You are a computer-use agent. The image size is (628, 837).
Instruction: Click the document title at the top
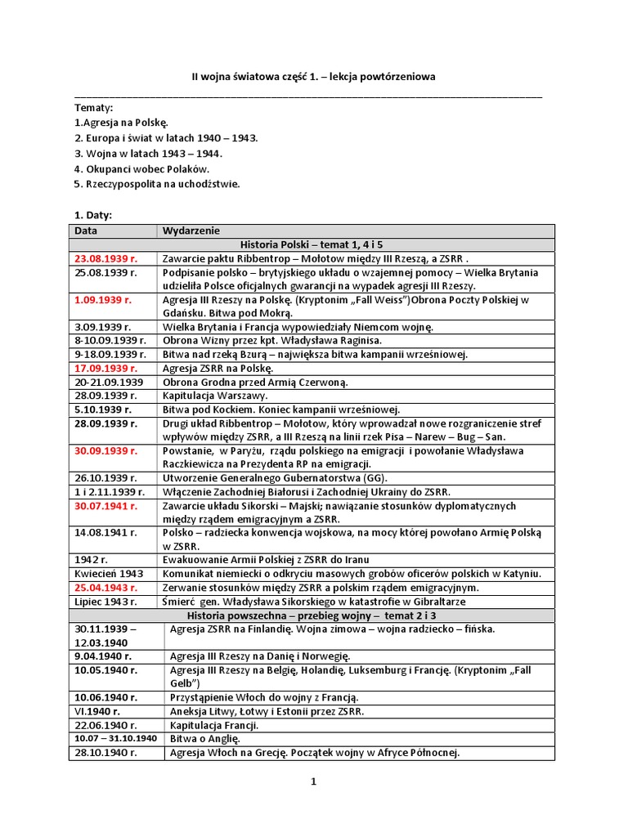click(313, 77)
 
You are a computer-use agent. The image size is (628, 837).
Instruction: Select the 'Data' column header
click(86, 231)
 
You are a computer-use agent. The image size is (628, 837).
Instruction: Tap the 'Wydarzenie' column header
click(191, 231)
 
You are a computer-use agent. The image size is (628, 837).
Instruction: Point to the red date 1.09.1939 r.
click(102, 300)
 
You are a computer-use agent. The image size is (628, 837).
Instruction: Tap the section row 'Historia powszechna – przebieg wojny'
click(312, 615)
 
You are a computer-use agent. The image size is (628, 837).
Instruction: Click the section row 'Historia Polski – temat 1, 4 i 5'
click(312, 244)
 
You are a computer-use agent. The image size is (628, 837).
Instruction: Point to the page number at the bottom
click(312, 781)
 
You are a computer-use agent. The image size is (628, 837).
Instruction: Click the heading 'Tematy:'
click(94, 108)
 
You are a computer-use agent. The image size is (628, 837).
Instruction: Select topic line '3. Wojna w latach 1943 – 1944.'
click(148, 153)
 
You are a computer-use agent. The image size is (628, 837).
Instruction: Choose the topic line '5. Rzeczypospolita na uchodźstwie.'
click(157, 184)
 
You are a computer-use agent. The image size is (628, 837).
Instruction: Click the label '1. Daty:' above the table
click(93, 215)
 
